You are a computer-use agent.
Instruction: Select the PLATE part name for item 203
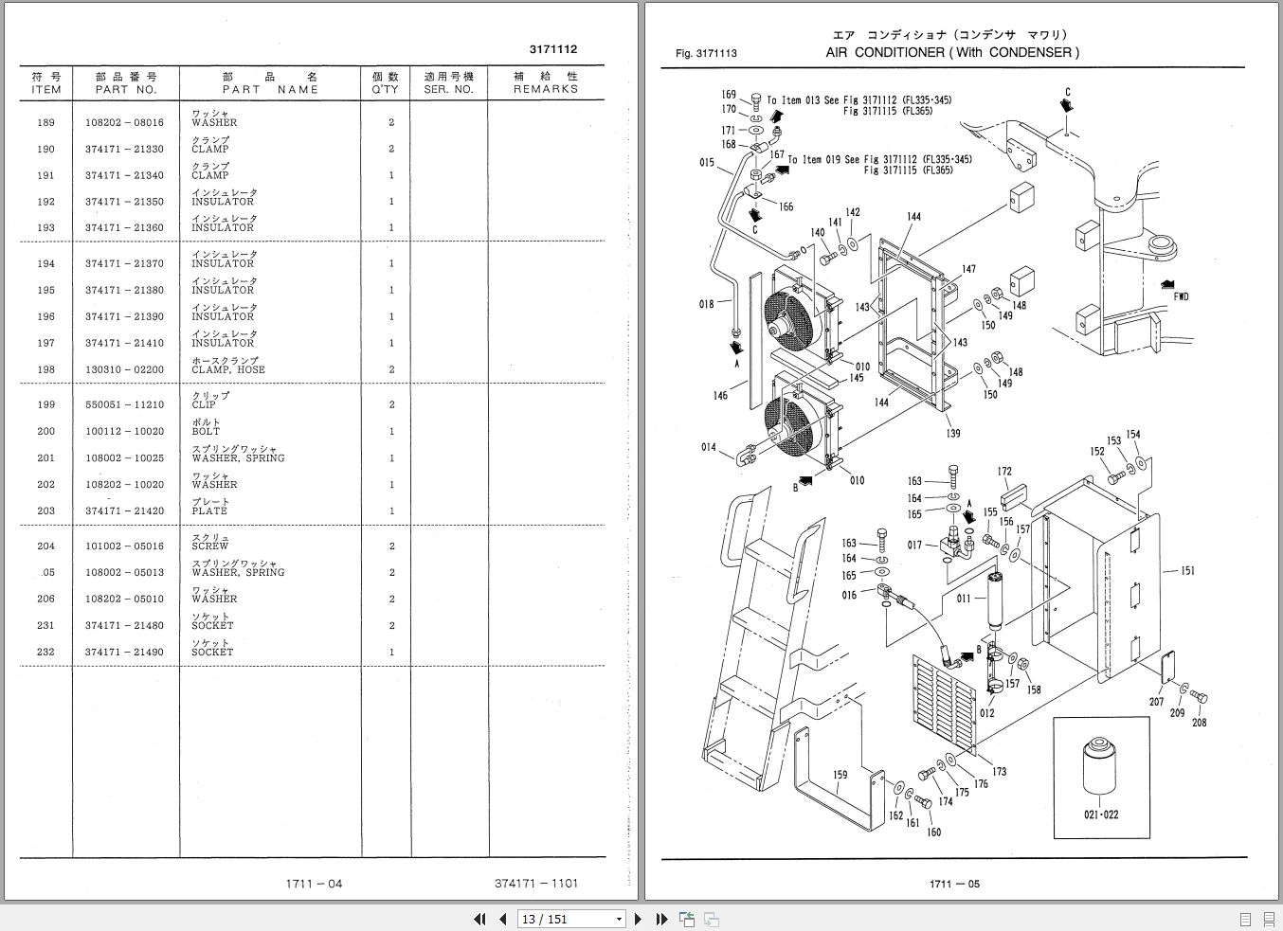tap(209, 510)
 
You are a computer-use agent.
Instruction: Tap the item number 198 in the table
tap(45, 369)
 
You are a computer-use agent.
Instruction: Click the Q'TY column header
tap(385, 82)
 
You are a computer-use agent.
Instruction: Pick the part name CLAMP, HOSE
tap(228, 369)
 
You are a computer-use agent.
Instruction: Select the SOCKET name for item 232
tap(212, 652)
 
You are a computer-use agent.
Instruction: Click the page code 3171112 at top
tap(552, 49)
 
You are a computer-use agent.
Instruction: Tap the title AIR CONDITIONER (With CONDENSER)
tap(951, 52)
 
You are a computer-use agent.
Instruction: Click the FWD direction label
tap(1181, 296)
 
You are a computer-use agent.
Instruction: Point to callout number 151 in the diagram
tap(1187, 571)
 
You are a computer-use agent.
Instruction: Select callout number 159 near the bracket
tap(840, 775)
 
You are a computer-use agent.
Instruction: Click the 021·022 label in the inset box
tap(1101, 815)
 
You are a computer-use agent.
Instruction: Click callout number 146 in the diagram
tap(720, 395)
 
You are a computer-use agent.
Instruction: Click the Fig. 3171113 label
tap(706, 53)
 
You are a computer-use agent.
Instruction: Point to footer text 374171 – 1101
tap(535, 884)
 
